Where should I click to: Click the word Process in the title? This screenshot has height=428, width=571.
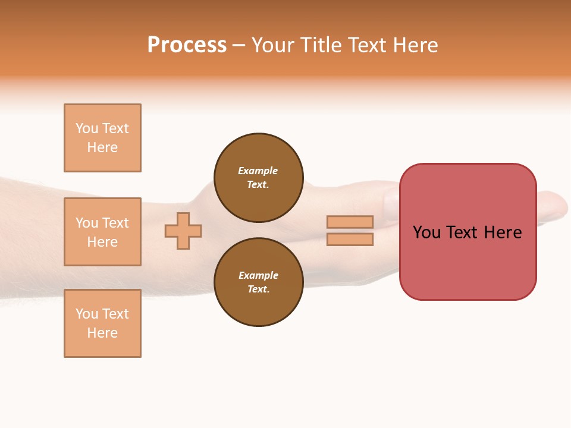coord(187,45)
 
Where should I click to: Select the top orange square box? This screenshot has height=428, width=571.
coord(102,138)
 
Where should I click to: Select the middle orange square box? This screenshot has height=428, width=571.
coord(102,232)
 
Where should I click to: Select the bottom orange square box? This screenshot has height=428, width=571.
coord(102,323)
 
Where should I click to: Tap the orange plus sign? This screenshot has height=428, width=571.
coord(183,231)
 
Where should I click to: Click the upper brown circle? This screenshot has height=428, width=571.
coord(259,178)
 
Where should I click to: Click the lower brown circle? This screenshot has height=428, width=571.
coord(259,282)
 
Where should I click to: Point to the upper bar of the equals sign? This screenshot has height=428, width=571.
coord(350,222)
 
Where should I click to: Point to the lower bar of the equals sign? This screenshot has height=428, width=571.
coord(350,239)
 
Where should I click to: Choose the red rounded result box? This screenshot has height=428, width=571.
coord(468,262)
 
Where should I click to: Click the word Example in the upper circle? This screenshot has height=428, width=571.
coord(258,171)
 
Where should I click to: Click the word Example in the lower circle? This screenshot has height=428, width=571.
coord(258,275)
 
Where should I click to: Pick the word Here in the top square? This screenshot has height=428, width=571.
coord(102,147)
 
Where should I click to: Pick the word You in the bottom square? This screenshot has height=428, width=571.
coord(87,314)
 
